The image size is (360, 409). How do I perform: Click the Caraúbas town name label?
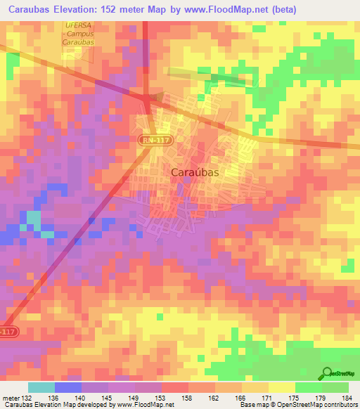[195, 171]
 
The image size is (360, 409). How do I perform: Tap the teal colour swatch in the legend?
[41, 387]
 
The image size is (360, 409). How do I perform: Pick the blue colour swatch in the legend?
[67, 387]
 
